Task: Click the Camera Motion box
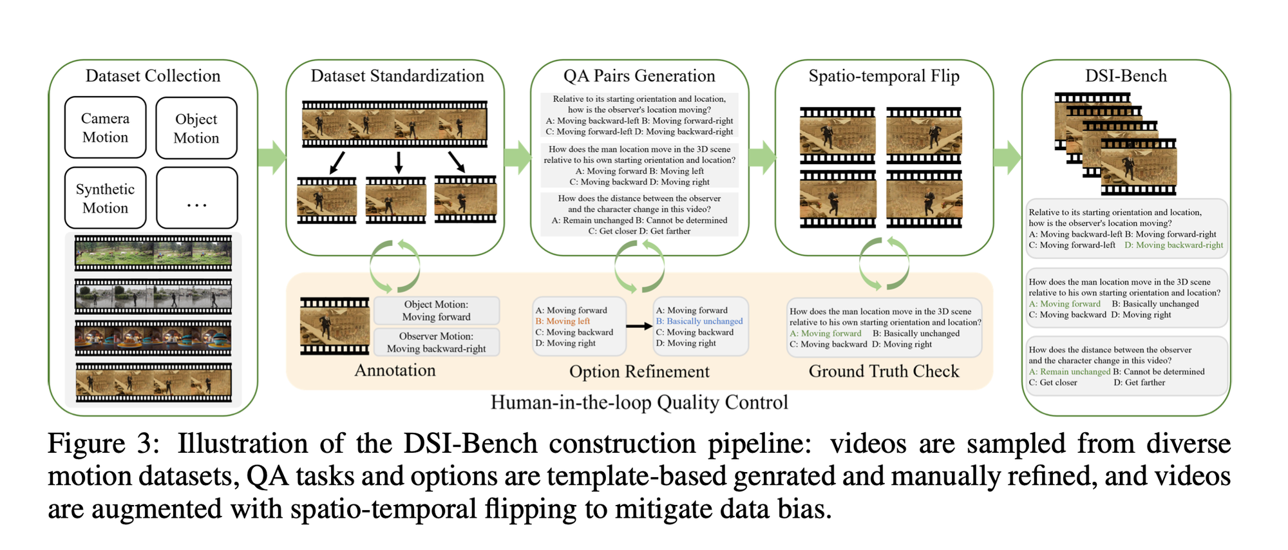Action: [x=106, y=128]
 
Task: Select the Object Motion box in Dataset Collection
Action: [x=196, y=128]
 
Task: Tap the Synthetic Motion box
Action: [x=106, y=198]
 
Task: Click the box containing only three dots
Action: [x=196, y=198]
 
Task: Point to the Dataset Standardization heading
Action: [x=397, y=76]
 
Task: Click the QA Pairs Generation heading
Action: [x=639, y=76]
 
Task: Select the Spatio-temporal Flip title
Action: [x=884, y=76]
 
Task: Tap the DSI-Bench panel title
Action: [x=1126, y=76]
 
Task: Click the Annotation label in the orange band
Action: [x=395, y=370]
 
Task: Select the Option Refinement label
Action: [x=639, y=372]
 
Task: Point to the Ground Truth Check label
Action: [x=884, y=372]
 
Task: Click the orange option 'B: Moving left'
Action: [x=563, y=321]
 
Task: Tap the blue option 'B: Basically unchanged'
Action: [x=699, y=321]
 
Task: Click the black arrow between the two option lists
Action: [x=639, y=327]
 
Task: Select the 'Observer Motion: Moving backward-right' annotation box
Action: [x=436, y=343]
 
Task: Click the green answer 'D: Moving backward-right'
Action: [x=1173, y=245]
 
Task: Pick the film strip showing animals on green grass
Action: [x=153, y=253]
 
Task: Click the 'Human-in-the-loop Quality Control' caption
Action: [x=639, y=403]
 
